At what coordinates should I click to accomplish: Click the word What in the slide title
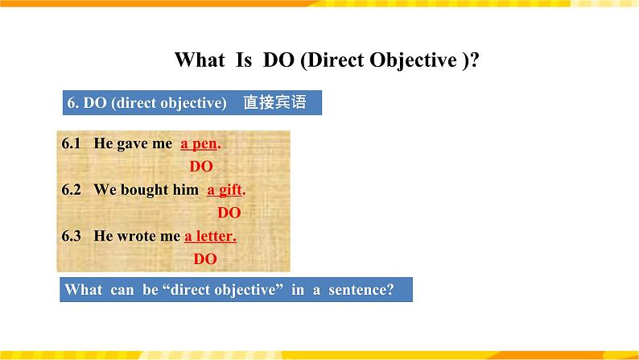coord(200,60)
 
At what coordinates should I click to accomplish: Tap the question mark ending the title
coord(474,60)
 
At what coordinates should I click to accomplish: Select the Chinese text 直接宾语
coord(274,102)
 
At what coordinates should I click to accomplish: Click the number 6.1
coord(72,143)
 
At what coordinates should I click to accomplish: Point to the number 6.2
coord(72,189)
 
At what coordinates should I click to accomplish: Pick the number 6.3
coord(72,236)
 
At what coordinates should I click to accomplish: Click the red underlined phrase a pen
coord(200,144)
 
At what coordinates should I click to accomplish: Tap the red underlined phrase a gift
coord(226,190)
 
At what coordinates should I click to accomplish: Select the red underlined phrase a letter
coord(210,236)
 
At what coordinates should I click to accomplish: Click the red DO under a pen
coord(201,167)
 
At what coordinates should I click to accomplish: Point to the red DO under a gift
coord(229,213)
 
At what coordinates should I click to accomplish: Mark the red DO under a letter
coord(205,259)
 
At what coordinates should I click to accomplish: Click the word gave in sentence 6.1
coord(133,144)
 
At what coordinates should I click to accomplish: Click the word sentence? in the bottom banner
coord(361,290)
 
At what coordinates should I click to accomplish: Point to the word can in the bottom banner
coord(122,290)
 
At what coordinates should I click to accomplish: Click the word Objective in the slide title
coord(413,60)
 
